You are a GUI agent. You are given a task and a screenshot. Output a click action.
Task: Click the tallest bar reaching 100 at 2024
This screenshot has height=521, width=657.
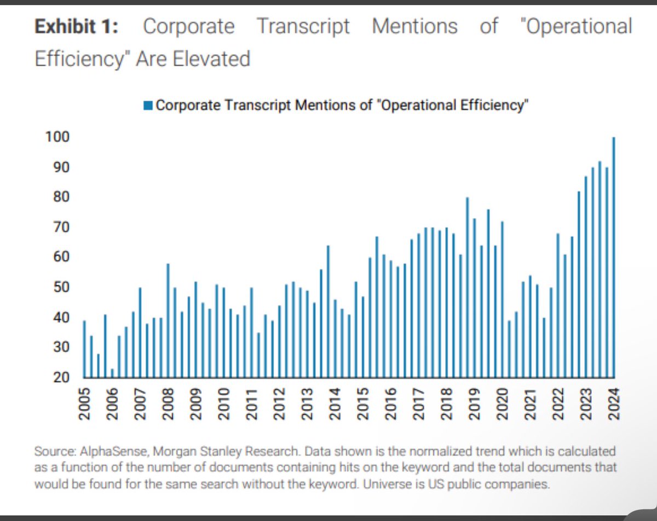(613, 257)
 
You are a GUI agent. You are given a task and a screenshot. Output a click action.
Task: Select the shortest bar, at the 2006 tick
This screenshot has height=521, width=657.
(112, 373)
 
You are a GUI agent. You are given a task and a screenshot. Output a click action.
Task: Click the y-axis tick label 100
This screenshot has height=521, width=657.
(57, 137)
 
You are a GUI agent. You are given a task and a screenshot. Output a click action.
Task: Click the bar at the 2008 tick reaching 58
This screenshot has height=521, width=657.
(168, 320)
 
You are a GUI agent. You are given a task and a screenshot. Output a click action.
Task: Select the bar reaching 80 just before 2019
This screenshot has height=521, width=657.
(467, 287)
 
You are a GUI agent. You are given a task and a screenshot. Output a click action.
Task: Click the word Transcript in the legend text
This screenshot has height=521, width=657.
(260, 106)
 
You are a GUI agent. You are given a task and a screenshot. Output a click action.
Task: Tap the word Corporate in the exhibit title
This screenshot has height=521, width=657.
(188, 26)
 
